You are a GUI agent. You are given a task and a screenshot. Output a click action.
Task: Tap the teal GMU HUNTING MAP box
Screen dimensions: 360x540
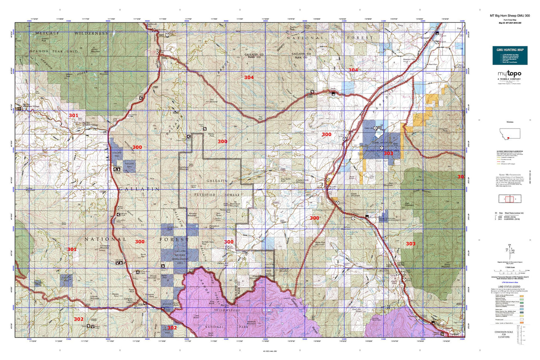point(510,55)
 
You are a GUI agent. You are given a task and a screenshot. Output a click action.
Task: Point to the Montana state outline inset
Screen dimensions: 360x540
point(510,133)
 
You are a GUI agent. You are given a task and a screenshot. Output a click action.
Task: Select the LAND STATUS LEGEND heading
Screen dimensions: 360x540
point(509,286)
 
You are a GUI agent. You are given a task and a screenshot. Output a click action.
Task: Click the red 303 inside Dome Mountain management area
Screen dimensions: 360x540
point(388,153)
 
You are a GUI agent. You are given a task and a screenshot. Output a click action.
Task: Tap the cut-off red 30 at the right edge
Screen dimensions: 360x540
point(461,177)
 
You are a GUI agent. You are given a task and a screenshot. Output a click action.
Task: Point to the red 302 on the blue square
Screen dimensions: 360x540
point(172,328)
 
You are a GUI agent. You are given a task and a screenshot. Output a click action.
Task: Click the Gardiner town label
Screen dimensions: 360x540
point(454,334)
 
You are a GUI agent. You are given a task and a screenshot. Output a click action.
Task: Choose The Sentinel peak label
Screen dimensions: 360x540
point(213,101)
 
